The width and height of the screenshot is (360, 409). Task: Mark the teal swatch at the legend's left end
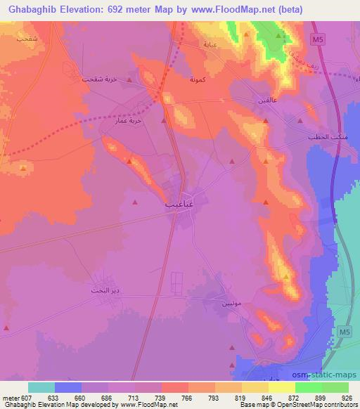pos(41,387)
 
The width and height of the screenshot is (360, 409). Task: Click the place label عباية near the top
pos(210,44)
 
